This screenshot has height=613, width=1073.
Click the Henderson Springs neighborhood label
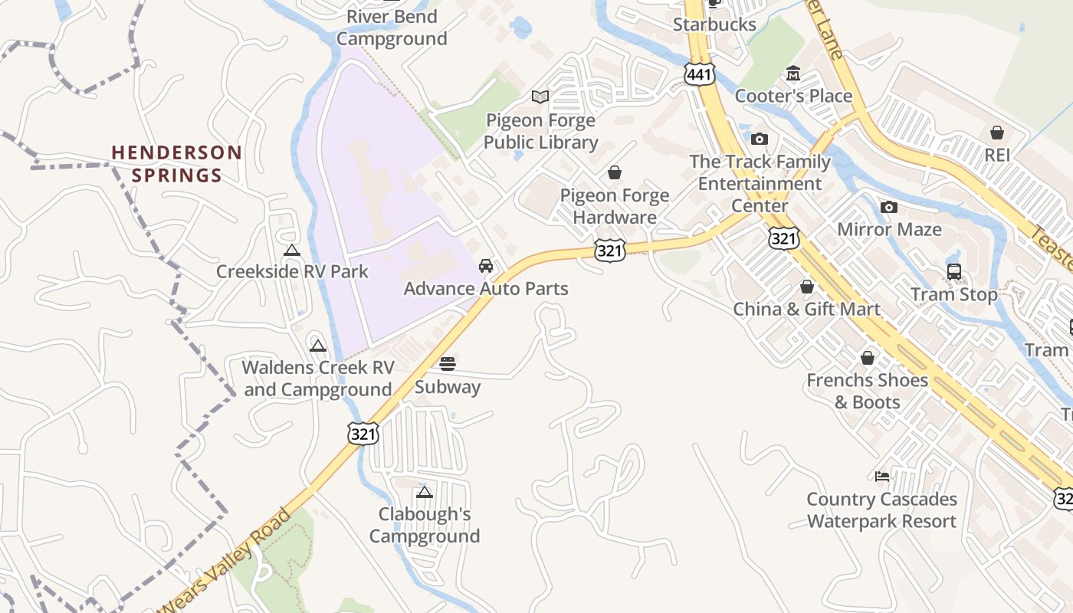(177, 164)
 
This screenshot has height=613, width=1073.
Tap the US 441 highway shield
(701, 74)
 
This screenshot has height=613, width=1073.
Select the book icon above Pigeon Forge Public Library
(540, 97)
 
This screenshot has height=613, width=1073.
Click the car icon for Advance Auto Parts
(485, 266)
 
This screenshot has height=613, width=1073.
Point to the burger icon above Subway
(448, 363)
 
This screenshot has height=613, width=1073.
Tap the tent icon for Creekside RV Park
(291, 250)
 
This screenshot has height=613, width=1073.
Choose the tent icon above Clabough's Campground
(424, 492)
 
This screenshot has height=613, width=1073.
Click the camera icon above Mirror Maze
(889, 207)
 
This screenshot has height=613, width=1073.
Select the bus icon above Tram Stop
(954, 272)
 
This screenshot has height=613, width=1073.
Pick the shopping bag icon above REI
(997, 133)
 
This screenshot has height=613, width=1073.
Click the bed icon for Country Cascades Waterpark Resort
(882, 477)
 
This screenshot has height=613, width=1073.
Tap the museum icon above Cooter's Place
(793, 74)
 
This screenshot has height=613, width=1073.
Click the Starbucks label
(714, 25)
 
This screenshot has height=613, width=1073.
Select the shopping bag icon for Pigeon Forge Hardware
(614, 172)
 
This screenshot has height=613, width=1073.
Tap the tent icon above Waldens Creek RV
(318, 346)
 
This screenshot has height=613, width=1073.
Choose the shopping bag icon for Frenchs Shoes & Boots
(868, 358)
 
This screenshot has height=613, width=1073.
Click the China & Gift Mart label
(807, 309)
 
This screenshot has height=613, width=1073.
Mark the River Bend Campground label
(392, 28)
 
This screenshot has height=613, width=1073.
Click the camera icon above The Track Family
(760, 139)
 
